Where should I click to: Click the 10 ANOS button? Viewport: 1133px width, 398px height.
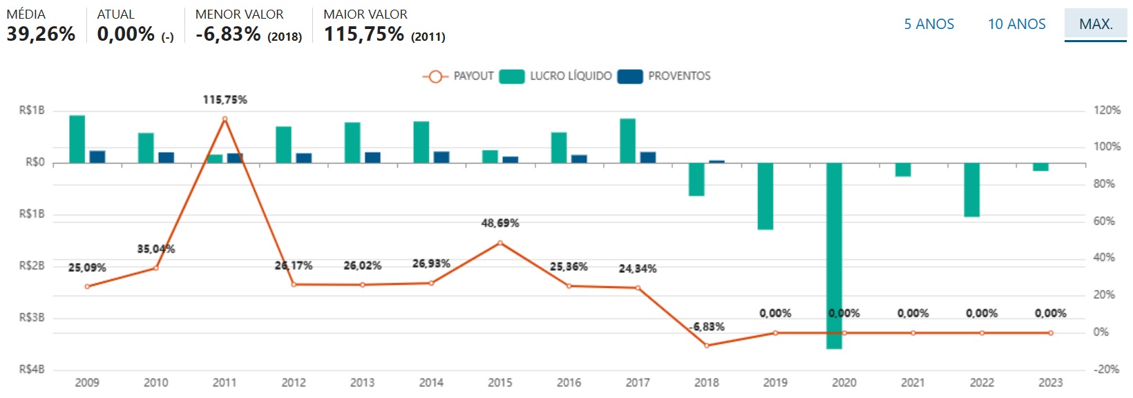(x=1016, y=24)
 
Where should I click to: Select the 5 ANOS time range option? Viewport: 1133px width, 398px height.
(x=929, y=24)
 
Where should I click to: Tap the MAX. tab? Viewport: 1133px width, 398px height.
(x=1096, y=24)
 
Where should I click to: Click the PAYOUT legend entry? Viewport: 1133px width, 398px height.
(x=459, y=76)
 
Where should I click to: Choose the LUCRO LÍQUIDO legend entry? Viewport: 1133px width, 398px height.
(x=557, y=76)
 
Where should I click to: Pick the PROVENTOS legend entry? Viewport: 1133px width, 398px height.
(x=665, y=76)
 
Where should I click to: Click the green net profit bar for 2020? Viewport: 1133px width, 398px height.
(x=834, y=256)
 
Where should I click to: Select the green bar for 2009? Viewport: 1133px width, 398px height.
(x=77, y=139)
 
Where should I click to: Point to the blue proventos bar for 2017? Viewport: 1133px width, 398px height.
(x=648, y=158)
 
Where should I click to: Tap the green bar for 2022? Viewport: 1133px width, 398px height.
(x=971, y=190)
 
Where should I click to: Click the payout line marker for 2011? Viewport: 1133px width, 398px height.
(x=225, y=119)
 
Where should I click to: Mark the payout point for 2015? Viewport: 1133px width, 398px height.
(x=500, y=243)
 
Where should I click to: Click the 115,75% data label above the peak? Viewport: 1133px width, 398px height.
(x=225, y=100)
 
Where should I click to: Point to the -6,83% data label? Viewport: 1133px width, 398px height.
(x=707, y=327)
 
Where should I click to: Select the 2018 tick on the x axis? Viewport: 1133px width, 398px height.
(x=706, y=383)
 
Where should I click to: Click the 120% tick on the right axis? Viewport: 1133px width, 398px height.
(x=1107, y=111)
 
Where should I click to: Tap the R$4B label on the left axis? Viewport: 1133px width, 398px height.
(x=32, y=370)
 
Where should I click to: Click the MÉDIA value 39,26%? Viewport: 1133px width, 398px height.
(x=41, y=34)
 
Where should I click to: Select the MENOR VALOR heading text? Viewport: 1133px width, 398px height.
(x=239, y=15)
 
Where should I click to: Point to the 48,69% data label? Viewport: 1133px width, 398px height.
(x=500, y=223)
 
